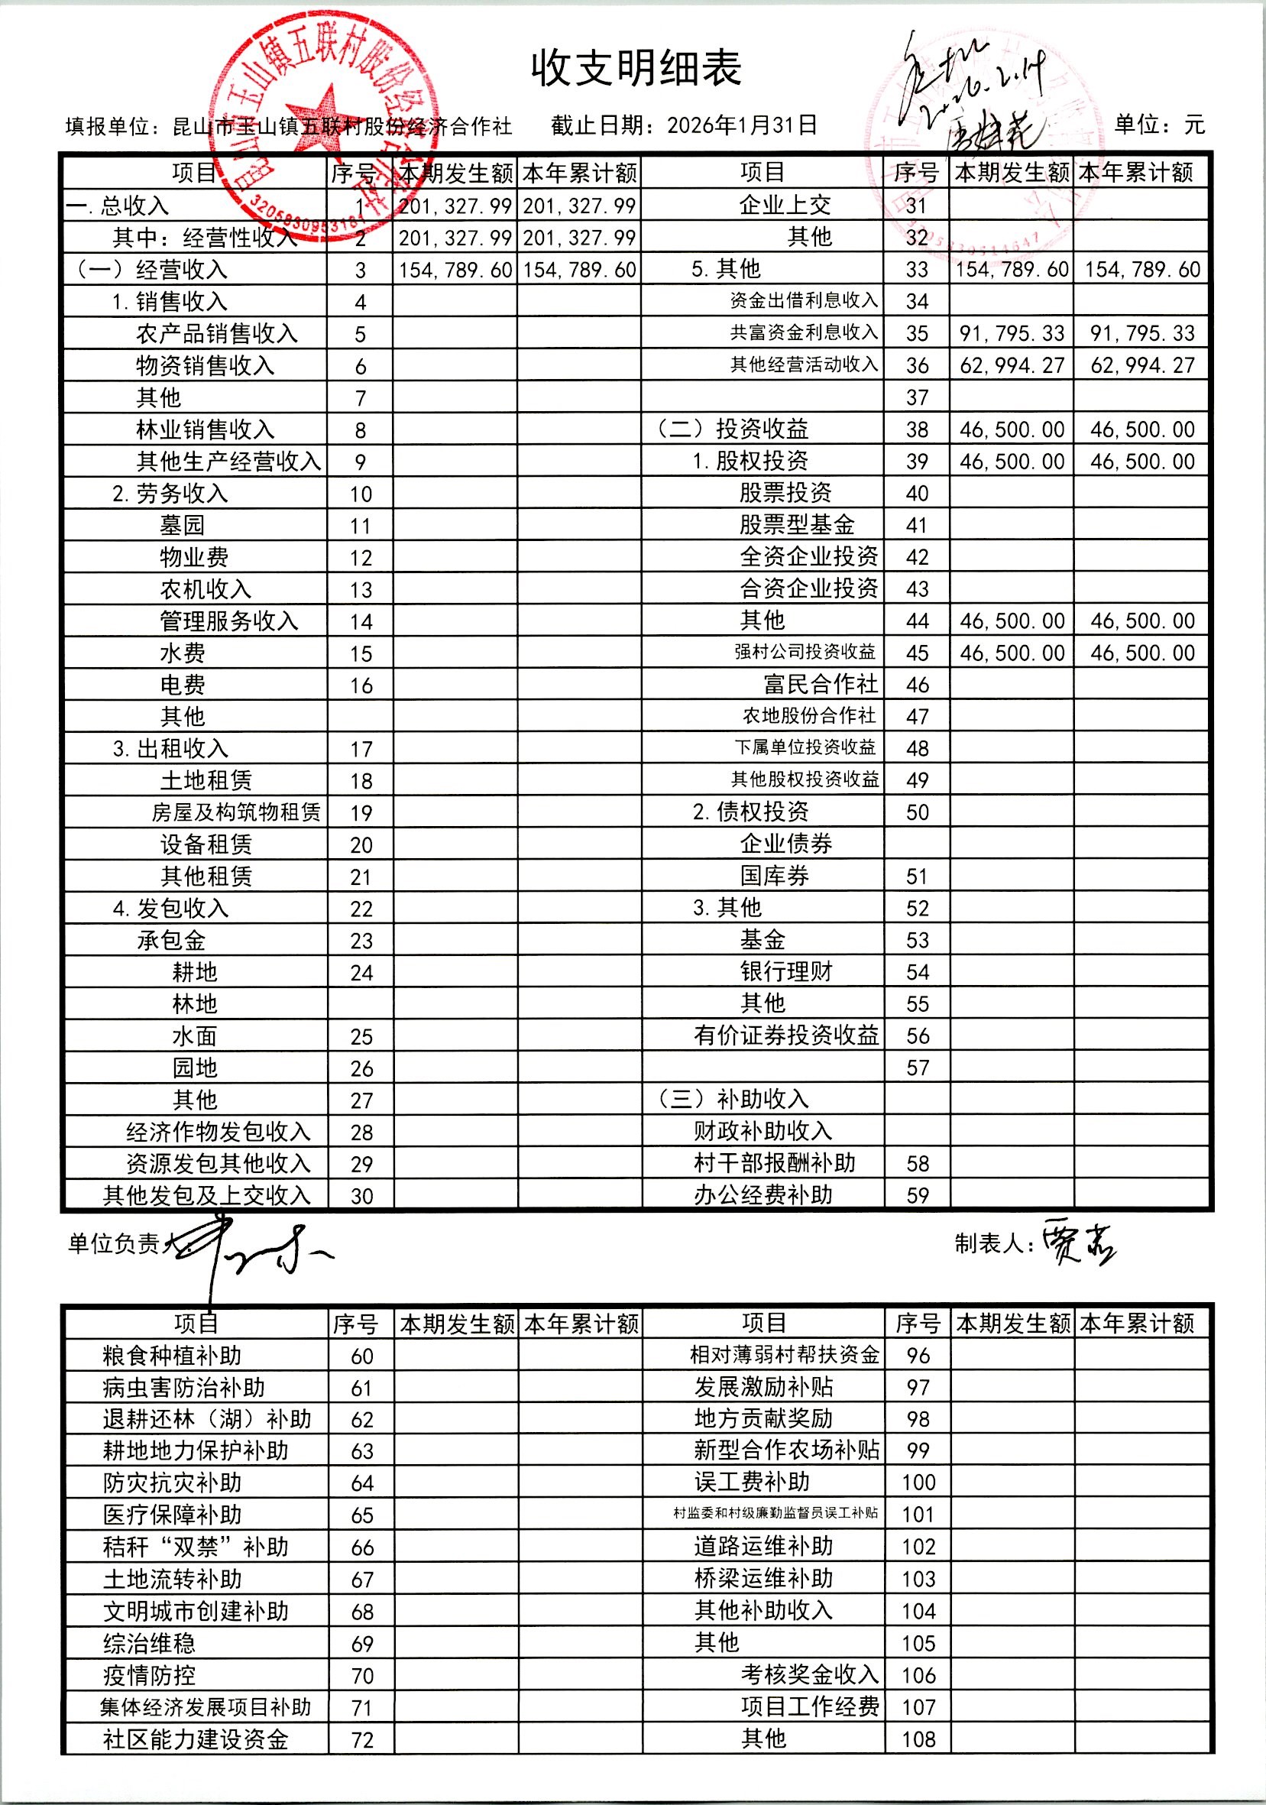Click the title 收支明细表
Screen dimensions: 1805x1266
pos(636,69)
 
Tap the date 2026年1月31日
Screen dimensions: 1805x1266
pos(742,125)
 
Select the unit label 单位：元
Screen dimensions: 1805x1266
pos(1159,125)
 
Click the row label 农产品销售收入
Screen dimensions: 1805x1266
pos(217,334)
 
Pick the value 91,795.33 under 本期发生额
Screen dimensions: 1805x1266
pos(1012,333)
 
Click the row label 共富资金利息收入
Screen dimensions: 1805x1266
pos(803,332)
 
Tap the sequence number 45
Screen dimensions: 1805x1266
pos(917,653)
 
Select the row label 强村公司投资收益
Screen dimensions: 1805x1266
pos(805,652)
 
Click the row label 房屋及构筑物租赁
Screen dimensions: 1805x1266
pos(236,812)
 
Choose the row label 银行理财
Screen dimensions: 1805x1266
pos(786,972)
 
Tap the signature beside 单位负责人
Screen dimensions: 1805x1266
pos(251,1246)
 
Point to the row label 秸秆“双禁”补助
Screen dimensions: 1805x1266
pos(196,1547)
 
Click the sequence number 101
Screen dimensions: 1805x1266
pos(918,1514)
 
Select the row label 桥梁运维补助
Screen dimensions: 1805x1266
pos(763,1579)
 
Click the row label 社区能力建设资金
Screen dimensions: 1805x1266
pos(196,1740)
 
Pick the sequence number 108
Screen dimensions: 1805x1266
pos(918,1739)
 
